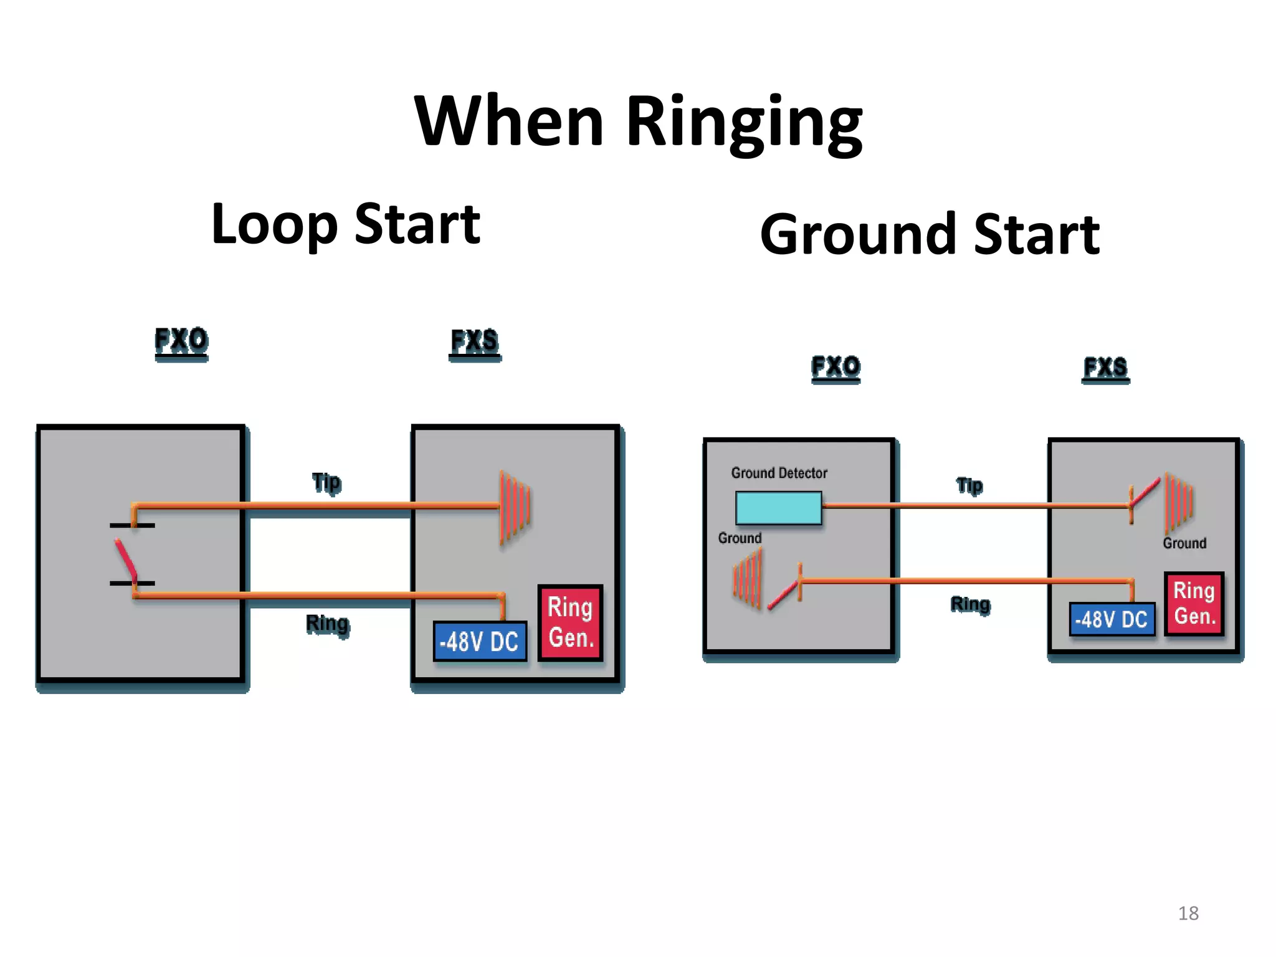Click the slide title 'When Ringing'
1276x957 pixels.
tap(638, 121)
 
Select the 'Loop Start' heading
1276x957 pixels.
tap(346, 224)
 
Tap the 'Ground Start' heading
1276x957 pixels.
tap(930, 235)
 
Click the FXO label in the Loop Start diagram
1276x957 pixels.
tap(181, 341)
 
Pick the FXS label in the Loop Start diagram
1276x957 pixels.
tap(475, 342)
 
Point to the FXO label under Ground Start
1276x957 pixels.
tap(836, 368)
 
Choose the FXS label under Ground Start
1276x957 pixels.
tap(1105, 368)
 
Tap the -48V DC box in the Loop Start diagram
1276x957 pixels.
tap(480, 641)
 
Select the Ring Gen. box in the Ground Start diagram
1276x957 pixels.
tap(1194, 603)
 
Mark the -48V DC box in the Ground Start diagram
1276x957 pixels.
tap(1112, 619)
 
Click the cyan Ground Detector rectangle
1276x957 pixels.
tap(778, 508)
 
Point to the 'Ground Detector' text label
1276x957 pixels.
tap(779, 474)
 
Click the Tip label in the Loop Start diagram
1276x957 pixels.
tap(326, 483)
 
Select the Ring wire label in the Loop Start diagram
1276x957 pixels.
tap(327, 624)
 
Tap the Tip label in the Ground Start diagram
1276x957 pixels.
tap(969, 486)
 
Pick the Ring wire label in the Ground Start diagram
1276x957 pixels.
tap(970, 604)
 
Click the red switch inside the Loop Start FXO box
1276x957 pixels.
tap(126, 558)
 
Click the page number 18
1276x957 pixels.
tap(1188, 913)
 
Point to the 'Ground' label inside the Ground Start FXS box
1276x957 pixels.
tap(1184, 543)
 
